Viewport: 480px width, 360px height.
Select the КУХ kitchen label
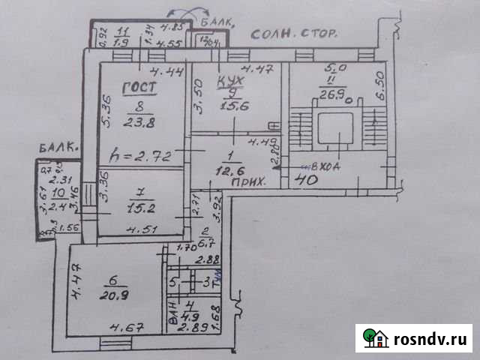point(229,80)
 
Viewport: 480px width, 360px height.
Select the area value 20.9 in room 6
point(113,295)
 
